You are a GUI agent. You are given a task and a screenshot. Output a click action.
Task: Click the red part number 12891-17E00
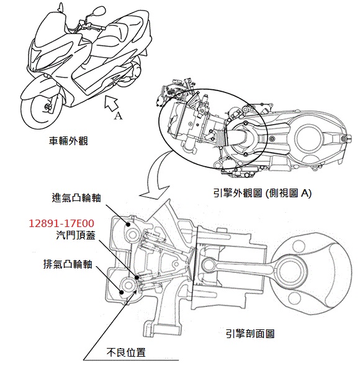tap(61, 223)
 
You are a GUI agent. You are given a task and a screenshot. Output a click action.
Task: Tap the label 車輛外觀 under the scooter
tap(68, 141)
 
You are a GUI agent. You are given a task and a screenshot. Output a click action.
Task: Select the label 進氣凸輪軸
tap(76, 198)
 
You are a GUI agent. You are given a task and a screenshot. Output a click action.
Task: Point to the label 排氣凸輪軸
tap(68, 264)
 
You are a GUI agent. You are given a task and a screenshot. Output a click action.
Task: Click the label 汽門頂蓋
tap(76, 235)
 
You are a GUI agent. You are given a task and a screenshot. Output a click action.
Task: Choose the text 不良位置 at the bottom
tap(126, 352)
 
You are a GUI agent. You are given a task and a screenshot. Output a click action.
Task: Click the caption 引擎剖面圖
tap(250, 334)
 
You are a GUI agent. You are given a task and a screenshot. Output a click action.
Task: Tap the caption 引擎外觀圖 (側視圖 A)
tap(263, 194)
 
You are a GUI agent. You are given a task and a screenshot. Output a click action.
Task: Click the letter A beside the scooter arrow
tap(118, 115)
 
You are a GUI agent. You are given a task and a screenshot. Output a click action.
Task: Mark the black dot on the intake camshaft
tap(128, 225)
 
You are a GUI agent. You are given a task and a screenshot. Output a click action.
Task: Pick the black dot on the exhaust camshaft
tap(122, 292)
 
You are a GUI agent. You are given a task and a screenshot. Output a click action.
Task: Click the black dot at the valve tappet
tap(137, 277)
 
